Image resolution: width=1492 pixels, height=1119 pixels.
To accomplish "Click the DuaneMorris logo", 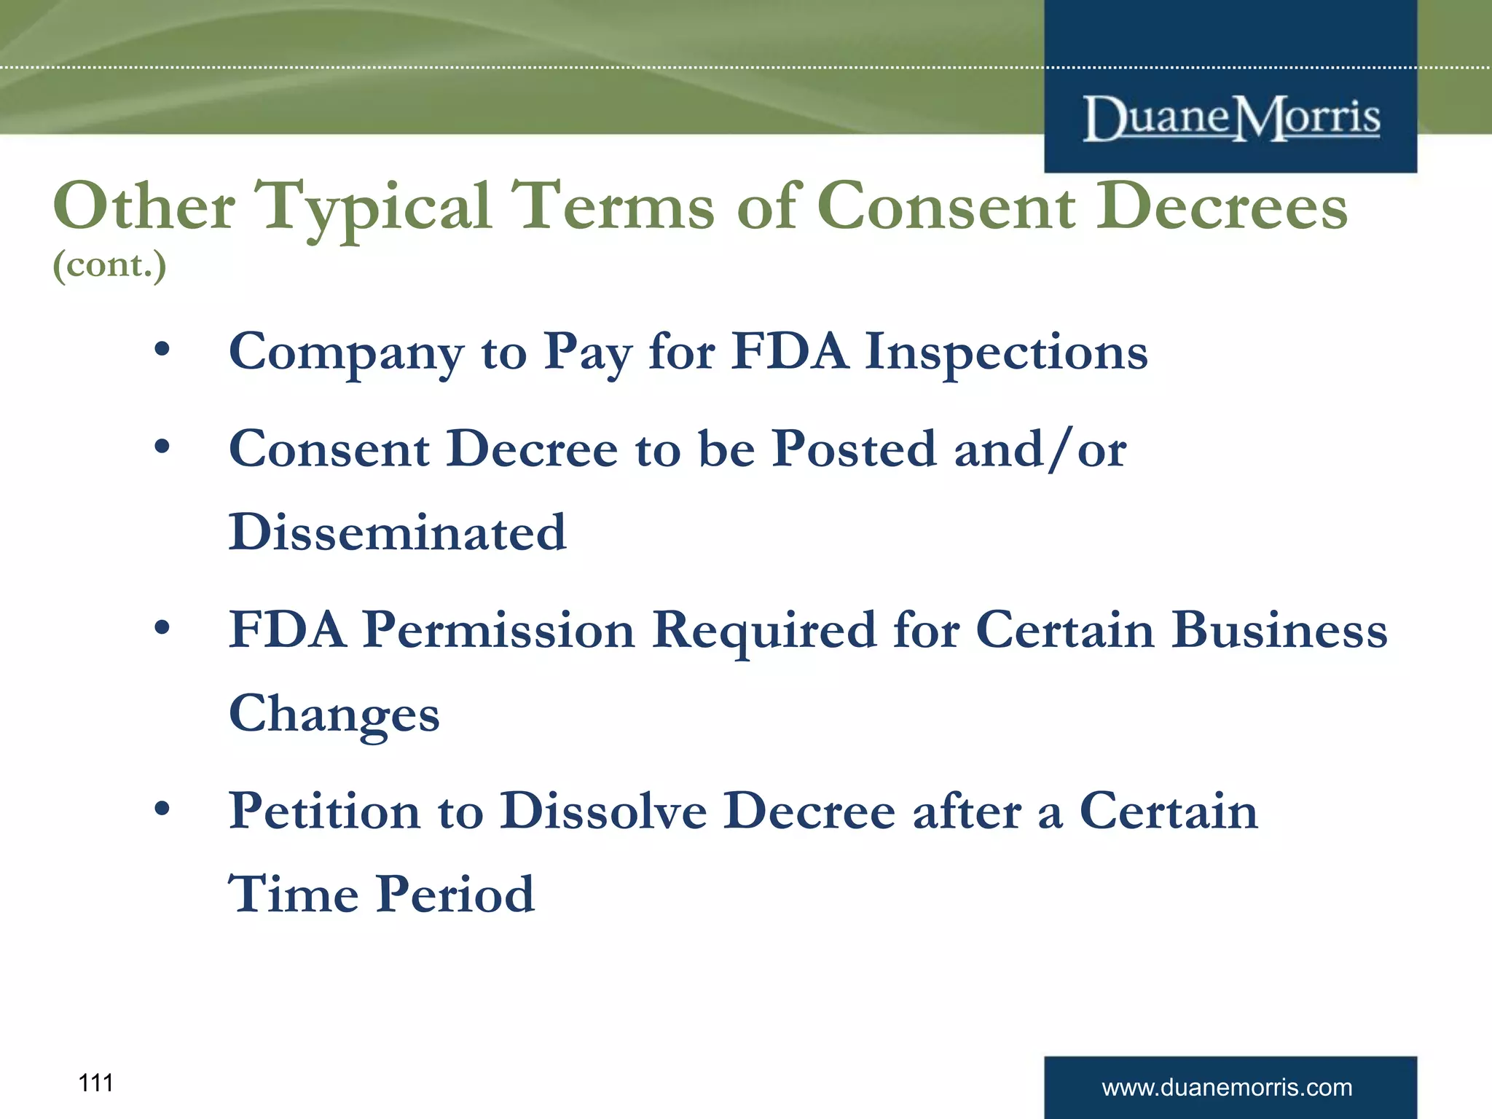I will click(1230, 118).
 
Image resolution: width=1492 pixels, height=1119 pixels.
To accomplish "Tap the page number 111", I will click(95, 1083).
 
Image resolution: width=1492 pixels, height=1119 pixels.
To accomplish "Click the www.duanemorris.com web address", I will click(1227, 1088).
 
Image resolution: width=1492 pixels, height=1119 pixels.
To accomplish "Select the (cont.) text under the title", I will click(109, 264).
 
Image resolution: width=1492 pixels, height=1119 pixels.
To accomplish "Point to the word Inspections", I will click(1006, 352).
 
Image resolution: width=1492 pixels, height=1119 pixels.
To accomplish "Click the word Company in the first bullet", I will click(345, 353).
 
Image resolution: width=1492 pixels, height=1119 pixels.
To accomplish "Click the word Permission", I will click(498, 630).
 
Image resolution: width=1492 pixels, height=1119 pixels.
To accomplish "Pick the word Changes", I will click(334, 714).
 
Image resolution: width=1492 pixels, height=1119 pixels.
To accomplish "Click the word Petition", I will click(324, 811).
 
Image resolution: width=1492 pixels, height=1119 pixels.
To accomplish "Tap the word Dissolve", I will click(603, 811).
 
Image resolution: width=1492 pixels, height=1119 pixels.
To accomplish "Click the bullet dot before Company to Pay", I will click(162, 349).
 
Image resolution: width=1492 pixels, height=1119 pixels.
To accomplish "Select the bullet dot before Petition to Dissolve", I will click(162, 808).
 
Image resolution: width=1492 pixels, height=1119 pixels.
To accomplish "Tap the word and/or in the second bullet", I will click(1040, 449).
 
